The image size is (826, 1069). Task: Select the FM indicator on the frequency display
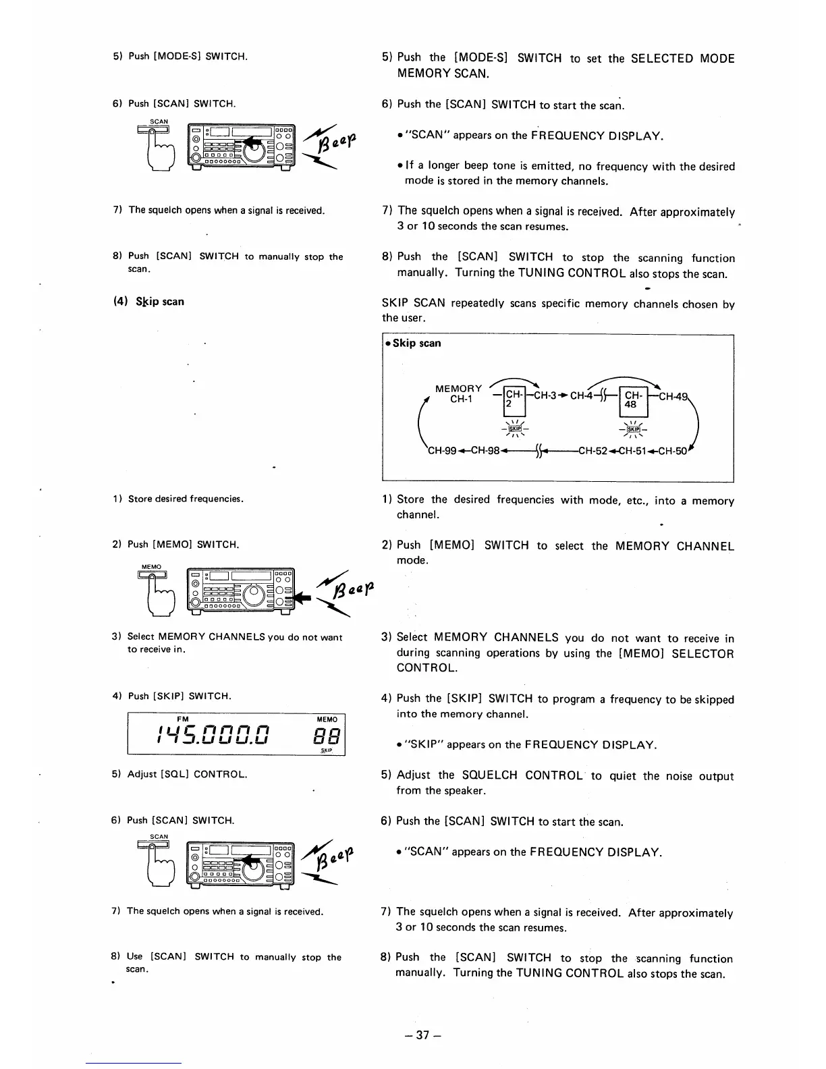(182, 719)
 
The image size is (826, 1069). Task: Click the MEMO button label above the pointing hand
(151, 566)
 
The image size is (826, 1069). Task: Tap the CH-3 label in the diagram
(545, 395)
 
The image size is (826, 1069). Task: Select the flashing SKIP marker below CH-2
(515, 429)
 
